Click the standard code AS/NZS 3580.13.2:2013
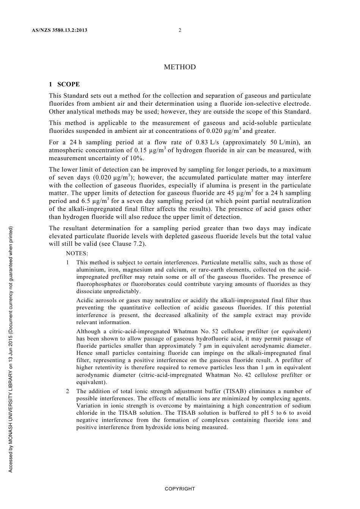pos(59,30)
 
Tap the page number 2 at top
pos(180,30)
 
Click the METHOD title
pos(180,67)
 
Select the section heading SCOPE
pos(69,84)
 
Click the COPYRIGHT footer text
pos(180,489)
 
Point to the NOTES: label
pos(77,253)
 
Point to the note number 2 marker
pos(67,391)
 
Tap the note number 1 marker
pos(67,262)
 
